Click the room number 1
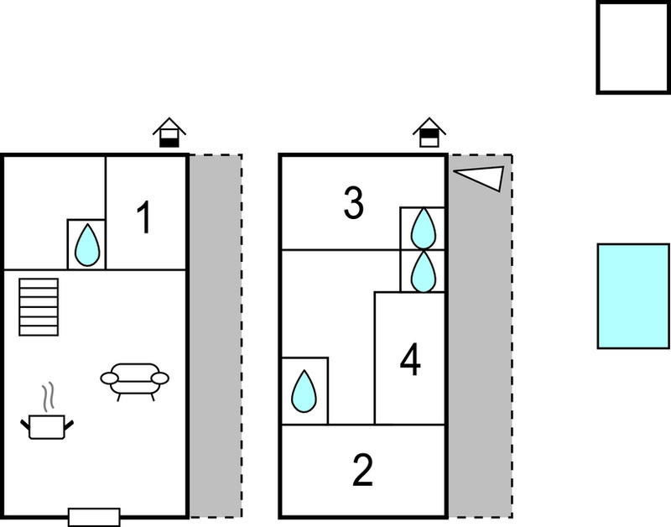(144, 217)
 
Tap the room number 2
(363, 470)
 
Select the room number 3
(353, 203)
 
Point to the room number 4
(410, 360)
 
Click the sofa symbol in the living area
(135, 381)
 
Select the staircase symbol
(39, 307)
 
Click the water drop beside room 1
(87, 245)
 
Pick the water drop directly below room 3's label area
(424, 228)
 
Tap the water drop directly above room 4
(424, 271)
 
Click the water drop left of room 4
(304, 391)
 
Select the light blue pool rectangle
(633, 296)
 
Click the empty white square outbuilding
(633, 48)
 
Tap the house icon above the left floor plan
(169, 133)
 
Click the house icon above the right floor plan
(429, 133)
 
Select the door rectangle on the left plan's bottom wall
(94, 517)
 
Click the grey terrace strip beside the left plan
(216, 336)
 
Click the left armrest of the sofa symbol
(110, 378)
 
